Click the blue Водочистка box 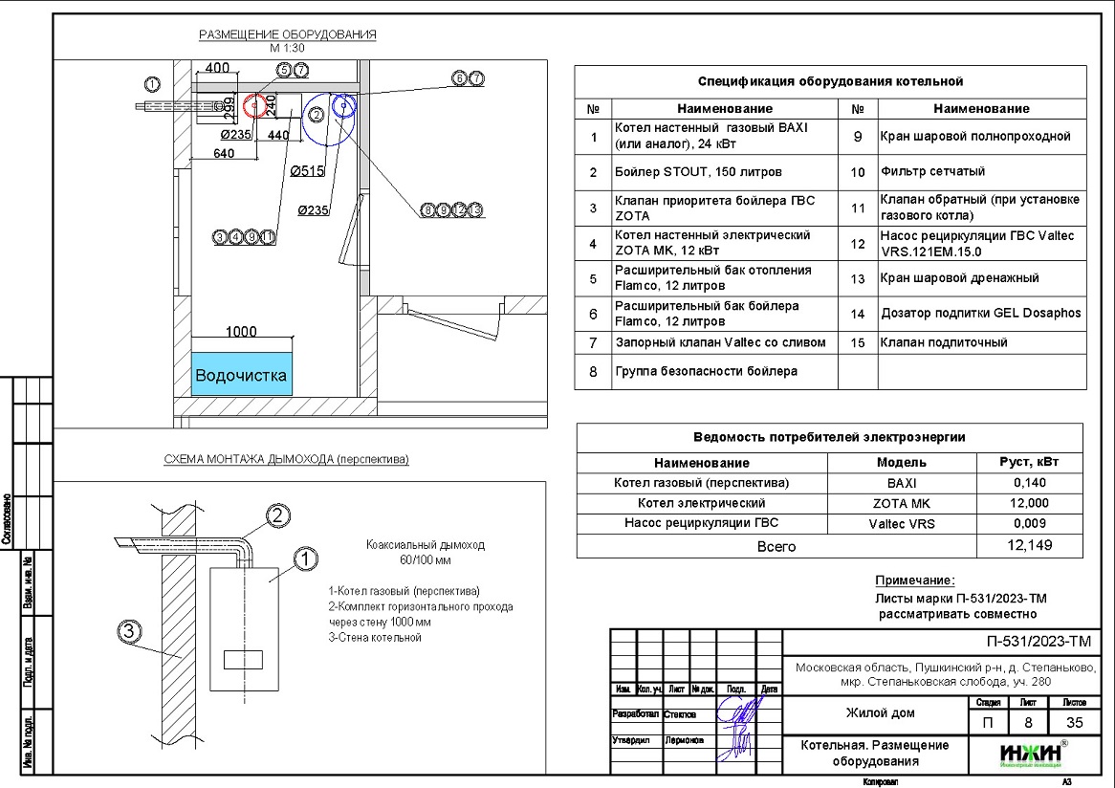tap(241, 375)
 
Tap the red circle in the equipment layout tap(254, 105)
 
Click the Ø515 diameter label tap(309, 171)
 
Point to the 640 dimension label tap(224, 153)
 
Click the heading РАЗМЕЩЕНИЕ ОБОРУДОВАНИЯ tap(287, 35)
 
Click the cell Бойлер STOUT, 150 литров tap(698, 172)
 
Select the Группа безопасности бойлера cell tap(706, 371)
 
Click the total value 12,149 tap(1029, 546)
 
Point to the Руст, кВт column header tap(1029, 462)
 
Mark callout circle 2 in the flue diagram tap(277, 516)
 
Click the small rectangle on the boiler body tap(242, 659)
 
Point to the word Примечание tap(915, 580)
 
